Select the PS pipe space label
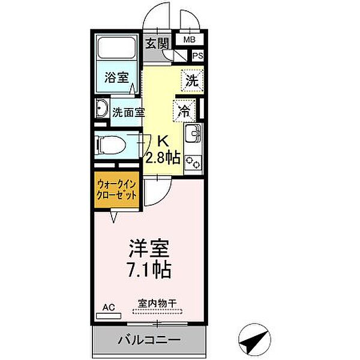click(197, 56)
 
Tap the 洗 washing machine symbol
click(191, 80)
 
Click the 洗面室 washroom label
click(129, 112)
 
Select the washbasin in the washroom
click(101, 110)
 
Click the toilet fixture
click(113, 145)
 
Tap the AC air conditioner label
click(108, 308)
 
